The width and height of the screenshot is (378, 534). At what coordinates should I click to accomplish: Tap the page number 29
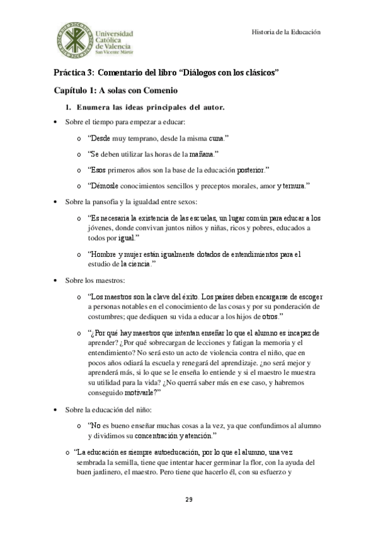pos(188,499)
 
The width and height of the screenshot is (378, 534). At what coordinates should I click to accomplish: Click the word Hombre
pos(104,254)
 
